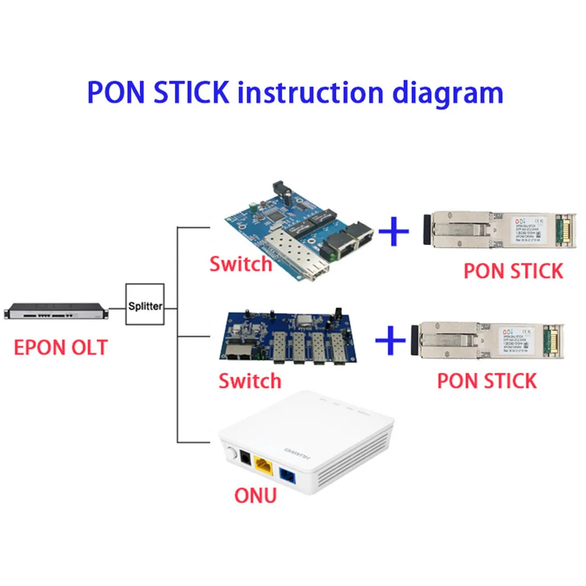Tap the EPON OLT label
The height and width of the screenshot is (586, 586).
[61, 347]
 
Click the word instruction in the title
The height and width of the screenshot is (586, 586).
[307, 93]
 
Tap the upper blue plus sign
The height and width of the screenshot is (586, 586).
[393, 230]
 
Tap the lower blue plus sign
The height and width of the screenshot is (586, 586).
[391, 342]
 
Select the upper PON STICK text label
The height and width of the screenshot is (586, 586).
[513, 271]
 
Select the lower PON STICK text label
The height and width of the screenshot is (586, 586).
[487, 380]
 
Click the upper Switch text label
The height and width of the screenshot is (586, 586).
[240, 263]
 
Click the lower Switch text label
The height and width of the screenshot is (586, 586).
[250, 380]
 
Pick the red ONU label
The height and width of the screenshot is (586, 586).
[255, 494]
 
